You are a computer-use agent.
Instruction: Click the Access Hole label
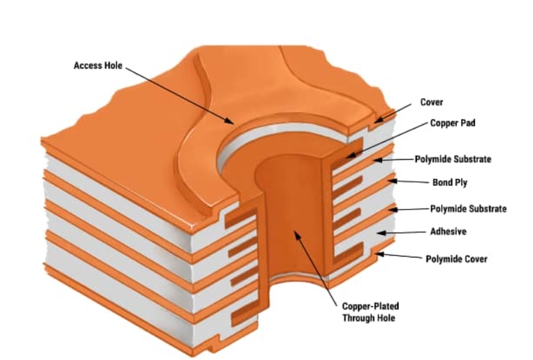tap(97, 66)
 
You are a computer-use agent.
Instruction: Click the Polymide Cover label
tap(456, 259)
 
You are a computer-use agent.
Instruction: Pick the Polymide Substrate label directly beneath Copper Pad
tap(453, 160)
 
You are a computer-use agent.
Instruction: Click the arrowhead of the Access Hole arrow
tap(233, 123)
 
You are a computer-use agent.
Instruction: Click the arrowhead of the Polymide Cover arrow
tap(377, 254)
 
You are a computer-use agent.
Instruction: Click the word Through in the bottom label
tap(357, 318)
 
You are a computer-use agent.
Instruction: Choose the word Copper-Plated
tap(371, 306)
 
